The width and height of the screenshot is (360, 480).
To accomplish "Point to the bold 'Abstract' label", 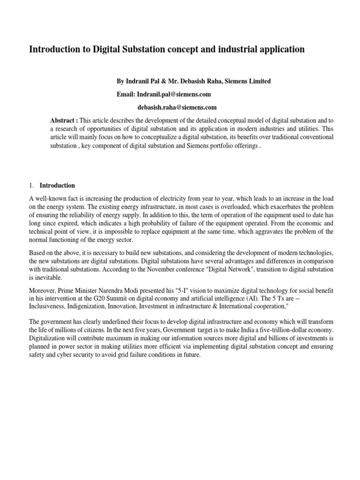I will [64, 120].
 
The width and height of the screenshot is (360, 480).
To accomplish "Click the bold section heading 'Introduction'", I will [57, 185].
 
